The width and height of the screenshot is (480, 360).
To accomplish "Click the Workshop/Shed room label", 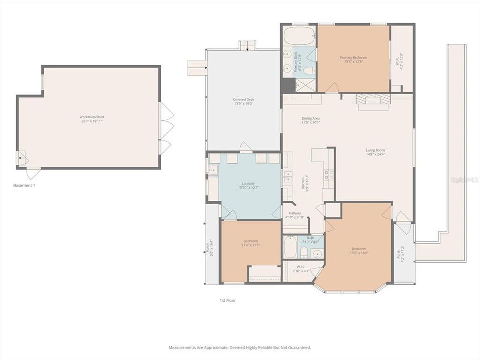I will click(x=92, y=117).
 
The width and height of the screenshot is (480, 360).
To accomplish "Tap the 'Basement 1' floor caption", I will click(x=24, y=185).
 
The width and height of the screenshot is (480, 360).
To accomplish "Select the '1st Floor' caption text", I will click(x=228, y=300).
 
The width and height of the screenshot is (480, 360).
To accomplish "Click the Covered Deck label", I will click(x=243, y=99).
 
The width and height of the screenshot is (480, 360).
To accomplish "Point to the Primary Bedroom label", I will click(x=354, y=57).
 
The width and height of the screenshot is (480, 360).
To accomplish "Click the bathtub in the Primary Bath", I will click(x=299, y=36).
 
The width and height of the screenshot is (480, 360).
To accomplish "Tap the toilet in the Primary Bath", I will click(x=309, y=70).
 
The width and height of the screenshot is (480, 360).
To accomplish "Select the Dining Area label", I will click(x=310, y=118).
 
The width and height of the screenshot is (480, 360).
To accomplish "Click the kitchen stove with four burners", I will click(x=329, y=175).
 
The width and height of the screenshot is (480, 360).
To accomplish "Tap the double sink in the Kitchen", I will click(x=288, y=176).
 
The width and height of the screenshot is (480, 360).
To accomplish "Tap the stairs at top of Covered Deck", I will click(x=247, y=46).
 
